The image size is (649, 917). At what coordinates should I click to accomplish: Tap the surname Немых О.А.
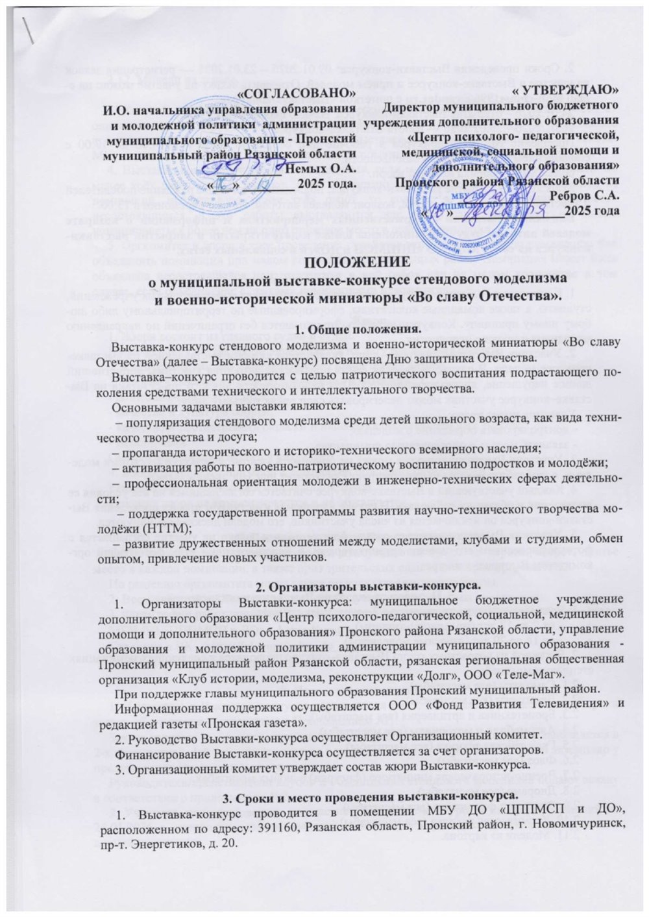[x=323, y=168]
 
